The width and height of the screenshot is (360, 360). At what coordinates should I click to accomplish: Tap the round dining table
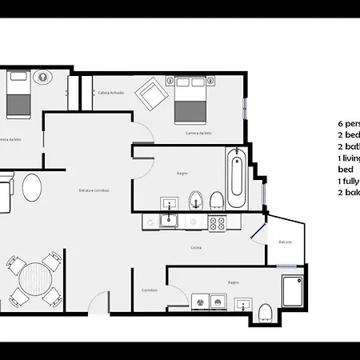(34, 282)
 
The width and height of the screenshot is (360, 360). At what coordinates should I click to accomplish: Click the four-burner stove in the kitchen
(218, 224)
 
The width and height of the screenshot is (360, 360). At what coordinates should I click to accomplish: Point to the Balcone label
(285, 242)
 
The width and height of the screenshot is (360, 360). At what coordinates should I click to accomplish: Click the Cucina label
(196, 247)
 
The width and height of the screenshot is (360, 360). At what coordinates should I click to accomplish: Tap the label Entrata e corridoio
(94, 190)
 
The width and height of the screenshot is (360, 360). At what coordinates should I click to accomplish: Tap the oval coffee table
(32, 189)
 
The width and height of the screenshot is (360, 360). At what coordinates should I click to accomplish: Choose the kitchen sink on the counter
(170, 222)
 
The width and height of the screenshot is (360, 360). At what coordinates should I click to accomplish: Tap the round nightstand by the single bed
(42, 78)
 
